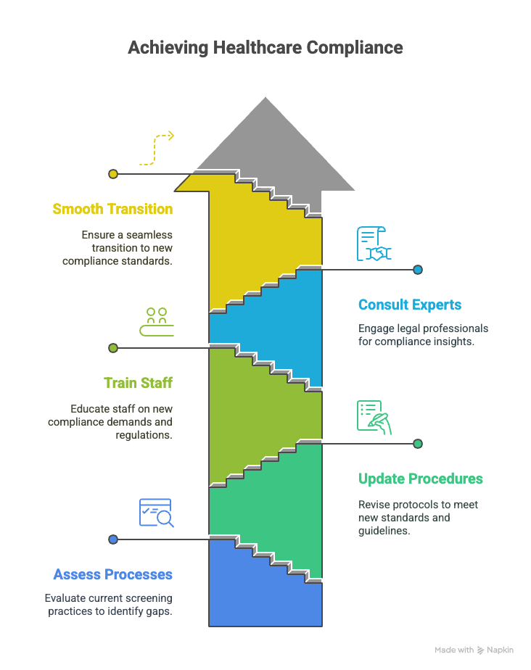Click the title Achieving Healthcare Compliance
click(x=265, y=47)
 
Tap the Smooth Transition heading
click(x=112, y=209)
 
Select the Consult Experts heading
click(x=410, y=305)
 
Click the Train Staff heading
click(x=138, y=383)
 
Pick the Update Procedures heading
click(x=420, y=479)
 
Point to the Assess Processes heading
click(x=113, y=574)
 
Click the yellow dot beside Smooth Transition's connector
click(x=113, y=174)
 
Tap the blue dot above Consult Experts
click(x=418, y=270)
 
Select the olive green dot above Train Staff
click(x=113, y=348)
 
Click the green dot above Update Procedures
click(x=418, y=444)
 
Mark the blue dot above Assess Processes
click(x=113, y=539)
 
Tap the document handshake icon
click(x=374, y=244)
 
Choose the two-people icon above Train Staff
click(x=157, y=322)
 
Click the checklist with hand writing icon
click(x=374, y=418)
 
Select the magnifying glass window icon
click(x=157, y=513)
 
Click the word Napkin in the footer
click(x=500, y=650)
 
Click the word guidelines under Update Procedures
click(x=384, y=531)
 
